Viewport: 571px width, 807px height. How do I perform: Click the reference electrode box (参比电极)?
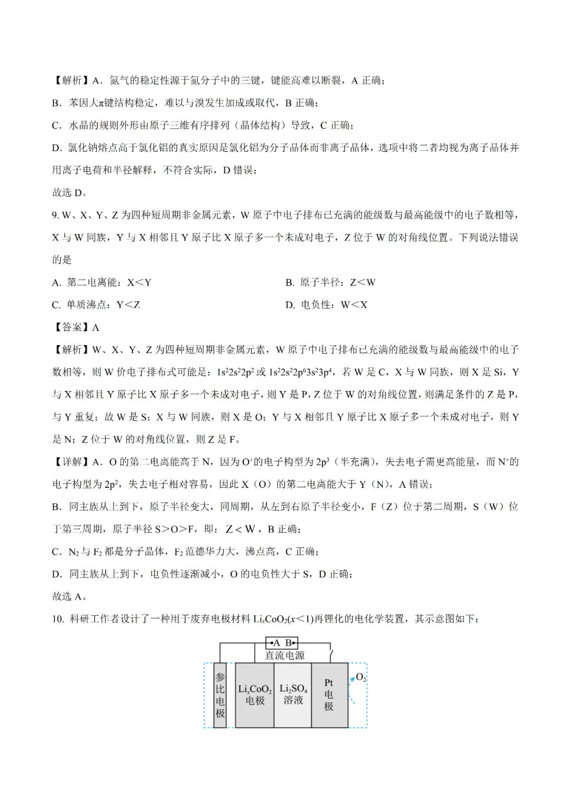(220, 695)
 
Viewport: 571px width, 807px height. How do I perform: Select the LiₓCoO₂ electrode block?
(254, 695)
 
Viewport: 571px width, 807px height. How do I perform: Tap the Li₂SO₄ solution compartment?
(293, 695)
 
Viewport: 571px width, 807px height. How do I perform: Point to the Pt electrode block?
(329, 695)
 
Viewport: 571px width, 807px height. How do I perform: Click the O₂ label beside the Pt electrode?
(361, 677)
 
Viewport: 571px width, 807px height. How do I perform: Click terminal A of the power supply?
(274, 643)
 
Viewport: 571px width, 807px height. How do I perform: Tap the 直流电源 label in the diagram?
(284, 655)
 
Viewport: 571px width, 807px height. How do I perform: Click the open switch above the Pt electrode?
(331, 654)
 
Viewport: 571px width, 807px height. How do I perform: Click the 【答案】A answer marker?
(76, 327)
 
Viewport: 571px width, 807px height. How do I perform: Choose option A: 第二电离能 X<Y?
(102, 282)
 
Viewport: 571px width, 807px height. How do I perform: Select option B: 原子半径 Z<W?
(330, 282)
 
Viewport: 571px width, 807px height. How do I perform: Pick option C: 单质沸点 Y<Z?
(96, 305)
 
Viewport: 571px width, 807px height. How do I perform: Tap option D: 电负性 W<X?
(326, 305)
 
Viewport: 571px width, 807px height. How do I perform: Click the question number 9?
(55, 215)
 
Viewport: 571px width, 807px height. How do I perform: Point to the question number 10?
(58, 619)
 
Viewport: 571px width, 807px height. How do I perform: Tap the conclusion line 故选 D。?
(70, 193)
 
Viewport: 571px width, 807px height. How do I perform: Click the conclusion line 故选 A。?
(70, 597)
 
